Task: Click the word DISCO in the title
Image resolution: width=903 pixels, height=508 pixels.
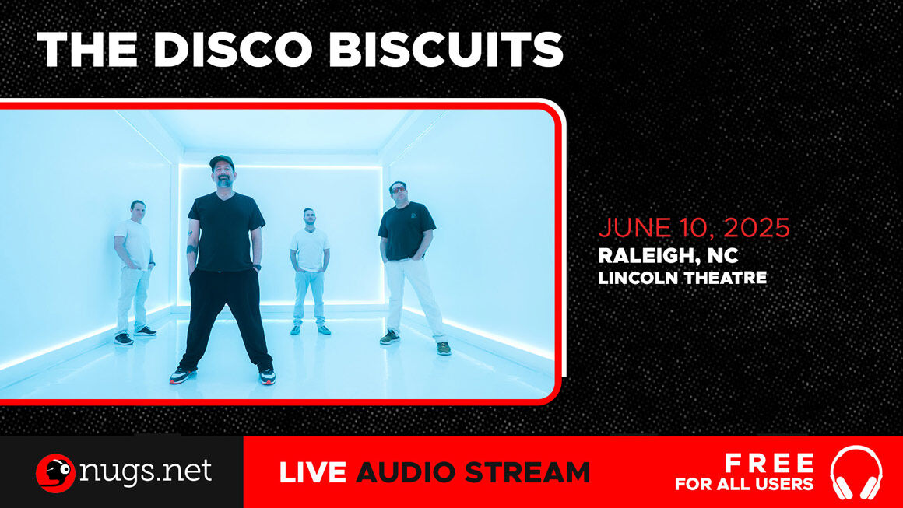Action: (234, 50)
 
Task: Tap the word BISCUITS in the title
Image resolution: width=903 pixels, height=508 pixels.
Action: (446, 50)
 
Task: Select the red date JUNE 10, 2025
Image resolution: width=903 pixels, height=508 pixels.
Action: (694, 228)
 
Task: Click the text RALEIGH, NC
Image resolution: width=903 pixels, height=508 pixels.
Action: (668, 255)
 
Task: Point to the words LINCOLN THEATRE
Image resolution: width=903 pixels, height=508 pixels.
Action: (683, 278)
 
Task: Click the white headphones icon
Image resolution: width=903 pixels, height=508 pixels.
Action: (856, 472)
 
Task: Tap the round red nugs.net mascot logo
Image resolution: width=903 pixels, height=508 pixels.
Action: (55, 473)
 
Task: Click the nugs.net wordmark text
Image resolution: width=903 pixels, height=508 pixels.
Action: (146, 471)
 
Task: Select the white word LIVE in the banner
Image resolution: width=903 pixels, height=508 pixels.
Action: (313, 472)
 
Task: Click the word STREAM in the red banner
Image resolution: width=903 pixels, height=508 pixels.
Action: (527, 472)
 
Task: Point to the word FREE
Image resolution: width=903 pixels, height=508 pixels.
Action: (769, 463)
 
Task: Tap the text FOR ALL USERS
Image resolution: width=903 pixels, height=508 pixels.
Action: (744, 484)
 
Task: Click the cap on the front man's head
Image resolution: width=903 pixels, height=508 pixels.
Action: (222, 160)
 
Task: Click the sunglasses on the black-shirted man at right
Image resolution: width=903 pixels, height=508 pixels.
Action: (398, 189)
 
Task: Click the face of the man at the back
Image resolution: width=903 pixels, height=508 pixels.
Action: (309, 218)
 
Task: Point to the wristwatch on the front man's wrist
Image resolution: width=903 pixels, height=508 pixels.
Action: (256, 266)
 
